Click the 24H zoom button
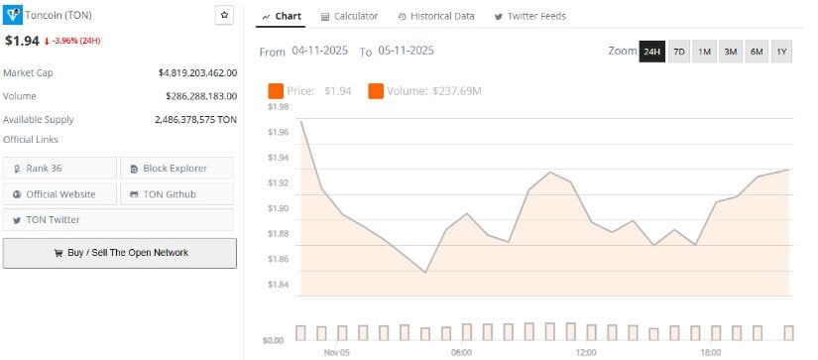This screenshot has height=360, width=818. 651,52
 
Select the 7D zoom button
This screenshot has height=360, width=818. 679,52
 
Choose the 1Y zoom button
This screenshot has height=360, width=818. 781,52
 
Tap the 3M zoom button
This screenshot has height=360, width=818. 731,52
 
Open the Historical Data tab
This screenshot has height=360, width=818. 435,16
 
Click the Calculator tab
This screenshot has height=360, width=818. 350,16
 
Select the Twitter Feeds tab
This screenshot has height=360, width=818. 530,16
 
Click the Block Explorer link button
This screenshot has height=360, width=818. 177,168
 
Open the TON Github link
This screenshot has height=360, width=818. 177,193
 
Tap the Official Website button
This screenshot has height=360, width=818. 59,193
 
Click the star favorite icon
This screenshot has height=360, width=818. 224,16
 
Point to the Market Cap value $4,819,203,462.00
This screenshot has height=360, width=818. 196,72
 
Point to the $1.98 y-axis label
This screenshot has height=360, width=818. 278,106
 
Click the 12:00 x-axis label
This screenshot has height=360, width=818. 586,352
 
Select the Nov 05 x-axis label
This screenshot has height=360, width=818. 336,352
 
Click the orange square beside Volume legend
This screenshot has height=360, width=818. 376,91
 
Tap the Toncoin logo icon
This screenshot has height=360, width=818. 12,16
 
